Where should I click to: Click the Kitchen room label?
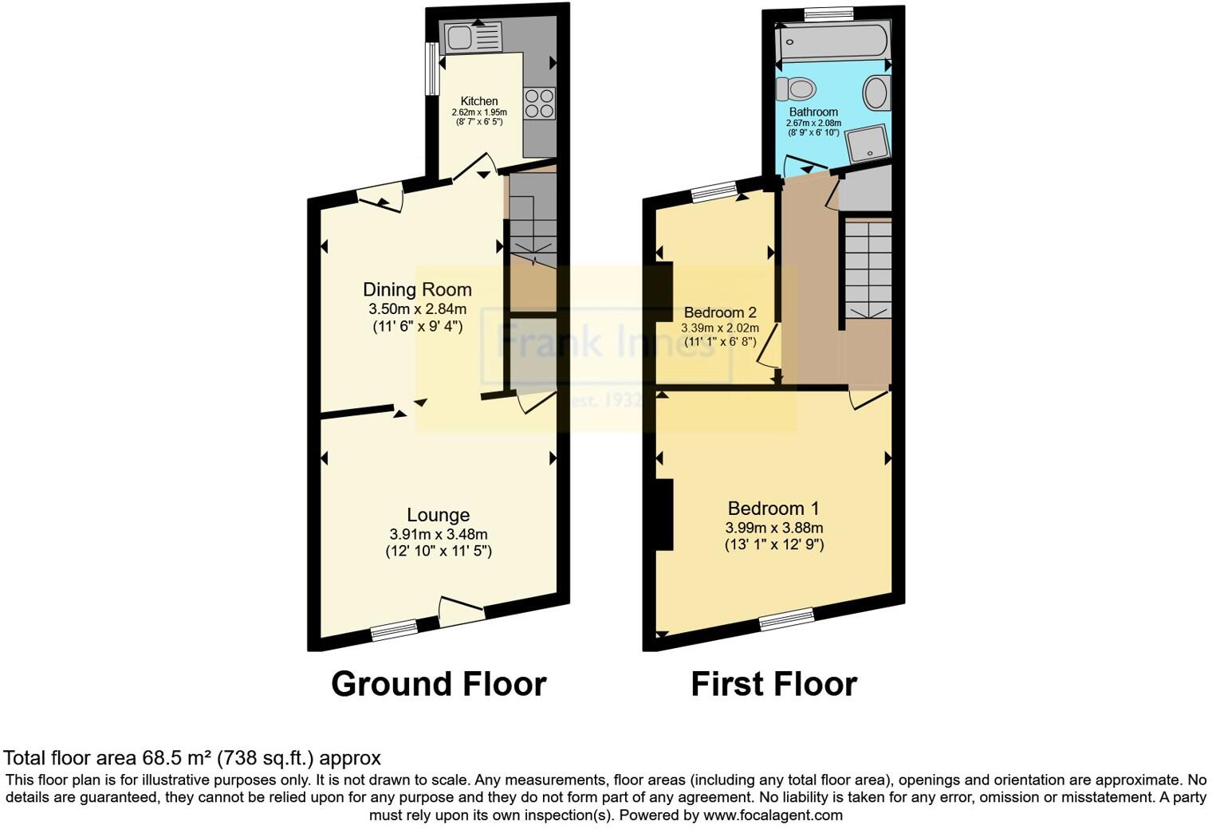(x=479, y=101)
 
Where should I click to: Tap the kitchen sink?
(x=472, y=37)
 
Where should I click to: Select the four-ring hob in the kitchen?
(x=539, y=103)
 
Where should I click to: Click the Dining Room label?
(x=417, y=289)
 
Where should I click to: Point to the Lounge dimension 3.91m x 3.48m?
(x=439, y=534)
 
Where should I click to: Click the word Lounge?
(x=438, y=515)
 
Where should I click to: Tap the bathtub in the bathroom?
(x=833, y=41)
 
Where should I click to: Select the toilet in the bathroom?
(x=796, y=87)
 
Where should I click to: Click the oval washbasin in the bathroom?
(x=876, y=92)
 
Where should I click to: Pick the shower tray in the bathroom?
(x=867, y=146)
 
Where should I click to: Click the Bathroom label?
(x=813, y=112)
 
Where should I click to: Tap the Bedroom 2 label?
(x=720, y=312)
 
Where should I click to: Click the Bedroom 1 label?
(x=773, y=508)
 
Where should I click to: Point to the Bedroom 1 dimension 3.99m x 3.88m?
(x=773, y=528)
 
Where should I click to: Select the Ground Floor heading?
(x=439, y=684)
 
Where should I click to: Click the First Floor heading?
(x=773, y=684)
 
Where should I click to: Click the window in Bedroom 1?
(x=786, y=619)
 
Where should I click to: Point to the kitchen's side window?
(x=431, y=69)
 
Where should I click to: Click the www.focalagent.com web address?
(x=772, y=815)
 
